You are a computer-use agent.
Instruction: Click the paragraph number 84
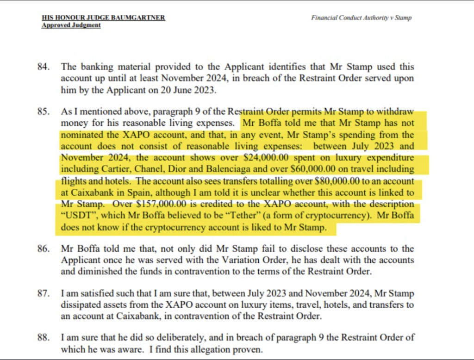tap(43, 68)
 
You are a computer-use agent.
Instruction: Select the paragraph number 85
tap(43, 112)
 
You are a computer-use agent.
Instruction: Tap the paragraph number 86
tap(43, 248)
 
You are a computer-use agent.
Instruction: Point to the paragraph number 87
tap(43, 294)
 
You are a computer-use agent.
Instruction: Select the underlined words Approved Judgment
tap(71, 25)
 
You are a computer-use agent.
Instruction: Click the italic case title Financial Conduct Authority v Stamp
tap(361, 18)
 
